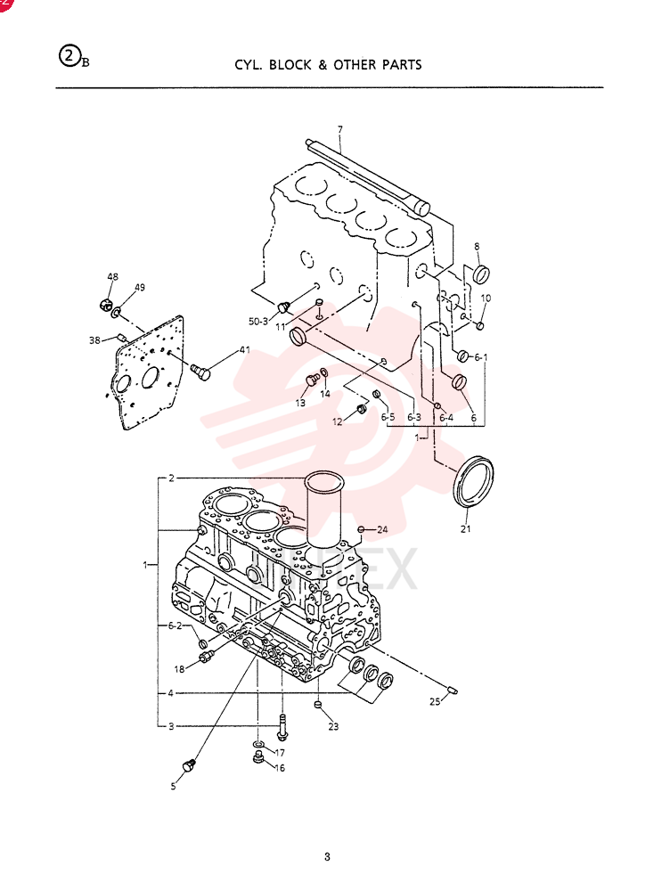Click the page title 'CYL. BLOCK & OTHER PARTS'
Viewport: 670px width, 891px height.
pyautogui.click(x=328, y=65)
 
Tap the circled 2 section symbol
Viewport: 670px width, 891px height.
pyautogui.click(x=69, y=56)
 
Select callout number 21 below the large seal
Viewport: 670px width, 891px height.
pyautogui.click(x=466, y=529)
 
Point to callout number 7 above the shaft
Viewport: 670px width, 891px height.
pyautogui.click(x=339, y=130)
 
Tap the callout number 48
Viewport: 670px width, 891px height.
pyautogui.click(x=112, y=277)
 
